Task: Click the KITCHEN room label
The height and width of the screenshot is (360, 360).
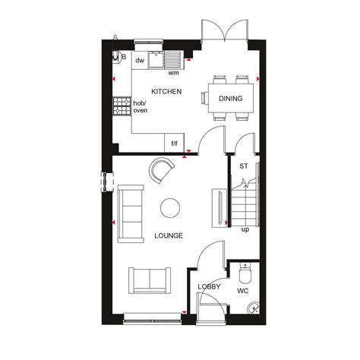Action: click(166, 91)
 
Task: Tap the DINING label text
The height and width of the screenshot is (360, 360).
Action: click(230, 99)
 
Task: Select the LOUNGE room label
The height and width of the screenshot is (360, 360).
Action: click(168, 235)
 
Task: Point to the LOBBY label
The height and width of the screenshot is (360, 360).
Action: click(209, 286)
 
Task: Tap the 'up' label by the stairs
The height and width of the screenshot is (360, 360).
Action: click(245, 229)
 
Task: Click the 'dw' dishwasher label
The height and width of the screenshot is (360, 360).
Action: click(140, 60)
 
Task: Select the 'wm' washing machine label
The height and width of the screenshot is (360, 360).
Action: click(173, 73)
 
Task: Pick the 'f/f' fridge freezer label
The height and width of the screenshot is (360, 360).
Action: click(174, 143)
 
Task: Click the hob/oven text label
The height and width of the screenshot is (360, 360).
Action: click(141, 107)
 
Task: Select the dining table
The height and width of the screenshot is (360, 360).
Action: click(230, 97)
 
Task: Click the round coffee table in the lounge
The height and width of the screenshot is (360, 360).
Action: click(169, 207)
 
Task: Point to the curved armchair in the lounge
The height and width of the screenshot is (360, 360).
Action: click(162, 171)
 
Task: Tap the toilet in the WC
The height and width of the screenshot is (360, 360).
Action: click(245, 272)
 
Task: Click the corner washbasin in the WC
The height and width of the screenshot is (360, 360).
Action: click(254, 308)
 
